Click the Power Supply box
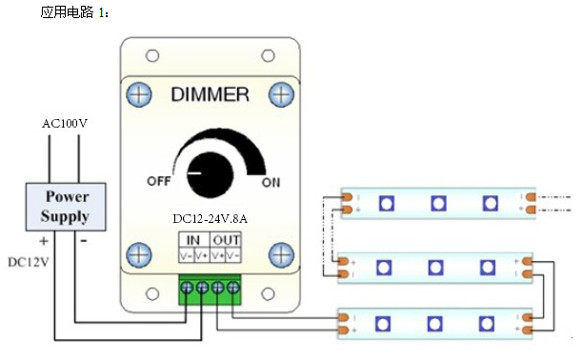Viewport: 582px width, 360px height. (x=66, y=207)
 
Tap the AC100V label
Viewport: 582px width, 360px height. (x=65, y=123)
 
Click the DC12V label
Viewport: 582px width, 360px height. (x=29, y=263)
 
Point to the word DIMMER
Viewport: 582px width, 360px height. (x=210, y=94)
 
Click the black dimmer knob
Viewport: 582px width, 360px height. (x=211, y=173)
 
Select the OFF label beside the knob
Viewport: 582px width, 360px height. (x=159, y=181)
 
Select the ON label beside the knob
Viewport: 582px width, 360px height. (x=271, y=183)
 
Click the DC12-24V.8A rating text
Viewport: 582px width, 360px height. (x=210, y=219)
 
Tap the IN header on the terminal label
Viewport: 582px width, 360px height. (x=193, y=240)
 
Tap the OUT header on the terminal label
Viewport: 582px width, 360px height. (x=226, y=240)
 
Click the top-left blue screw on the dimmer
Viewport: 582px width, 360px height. (x=139, y=94)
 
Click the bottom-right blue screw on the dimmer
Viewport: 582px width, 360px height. (x=281, y=255)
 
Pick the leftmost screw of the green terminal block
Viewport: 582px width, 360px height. (x=187, y=288)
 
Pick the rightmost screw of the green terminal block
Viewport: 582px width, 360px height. (x=233, y=288)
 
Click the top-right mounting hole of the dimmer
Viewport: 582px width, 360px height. (x=268, y=56)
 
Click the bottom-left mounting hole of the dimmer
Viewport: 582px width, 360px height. (x=152, y=294)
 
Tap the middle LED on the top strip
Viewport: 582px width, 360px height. (x=438, y=204)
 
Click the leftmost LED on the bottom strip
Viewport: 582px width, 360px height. (x=383, y=324)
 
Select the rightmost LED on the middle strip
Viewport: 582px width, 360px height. (x=488, y=268)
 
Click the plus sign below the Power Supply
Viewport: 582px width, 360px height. (x=44, y=241)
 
